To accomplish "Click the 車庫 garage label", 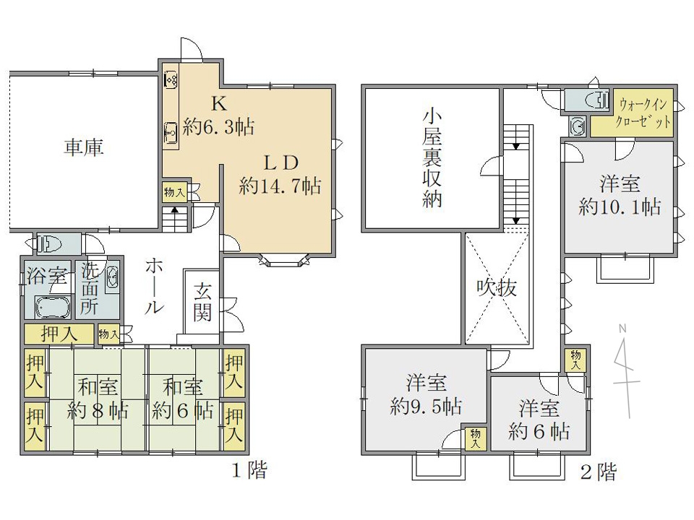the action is pyautogui.click(x=84, y=147).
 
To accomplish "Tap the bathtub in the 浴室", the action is pyautogui.click(x=53, y=308).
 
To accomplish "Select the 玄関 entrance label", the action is pyautogui.click(x=202, y=302).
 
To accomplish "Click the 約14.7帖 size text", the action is pyautogui.click(x=280, y=186).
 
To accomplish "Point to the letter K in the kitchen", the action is pyautogui.click(x=218, y=104).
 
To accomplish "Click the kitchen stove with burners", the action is pyautogui.click(x=171, y=79).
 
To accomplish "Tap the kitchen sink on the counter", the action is pyautogui.click(x=171, y=131).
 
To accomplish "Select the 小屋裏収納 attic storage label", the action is pyautogui.click(x=432, y=158).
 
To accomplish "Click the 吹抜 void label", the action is pyautogui.click(x=497, y=288).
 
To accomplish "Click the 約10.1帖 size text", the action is pyautogui.click(x=620, y=207).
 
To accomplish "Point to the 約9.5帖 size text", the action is pyautogui.click(x=426, y=405).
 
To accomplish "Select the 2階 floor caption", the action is pyautogui.click(x=599, y=472).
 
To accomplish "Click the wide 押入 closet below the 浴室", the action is pyautogui.click(x=59, y=334).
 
